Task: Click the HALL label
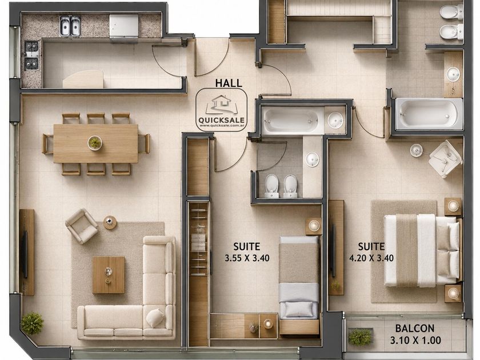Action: pyautogui.click(x=229, y=83)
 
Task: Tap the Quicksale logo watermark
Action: pyautogui.click(x=221, y=110)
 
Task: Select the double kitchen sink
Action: pyautogui.click(x=70, y=26)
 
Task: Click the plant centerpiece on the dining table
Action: pyautogui.click(x=95, y=143)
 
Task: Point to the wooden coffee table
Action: pyautogui.click(x=109, y=275)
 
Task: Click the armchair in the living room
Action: pyautogui.click(x=81, y=226)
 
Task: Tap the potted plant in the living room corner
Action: pyautogui.click(x=32, y=323)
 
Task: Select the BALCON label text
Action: pyautogui.click(x=415, y=329)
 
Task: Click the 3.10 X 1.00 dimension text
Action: pyautogui.click(x=415, y=340)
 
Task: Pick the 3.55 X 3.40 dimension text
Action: pyautogui.click(x=247, y=258)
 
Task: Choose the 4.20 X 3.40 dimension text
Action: pyautogui.click(x=371, y=258)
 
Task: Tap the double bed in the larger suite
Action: pyautogui.click(x=422, y=251)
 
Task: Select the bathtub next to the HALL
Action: pyautogui.click(x=293, y=120)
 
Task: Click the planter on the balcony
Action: pyautogui.click(x=361, y=338)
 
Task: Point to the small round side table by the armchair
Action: pyautogui.click(x=110, y=222)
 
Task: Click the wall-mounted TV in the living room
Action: pyautogui.click(x=25, y=255)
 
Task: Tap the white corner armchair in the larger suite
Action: pyautogui.click(x=445, y=159)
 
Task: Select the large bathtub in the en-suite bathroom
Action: pyautogui.click(x=429, y=114)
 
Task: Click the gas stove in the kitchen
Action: pyautogui.click(x=31, y=55)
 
